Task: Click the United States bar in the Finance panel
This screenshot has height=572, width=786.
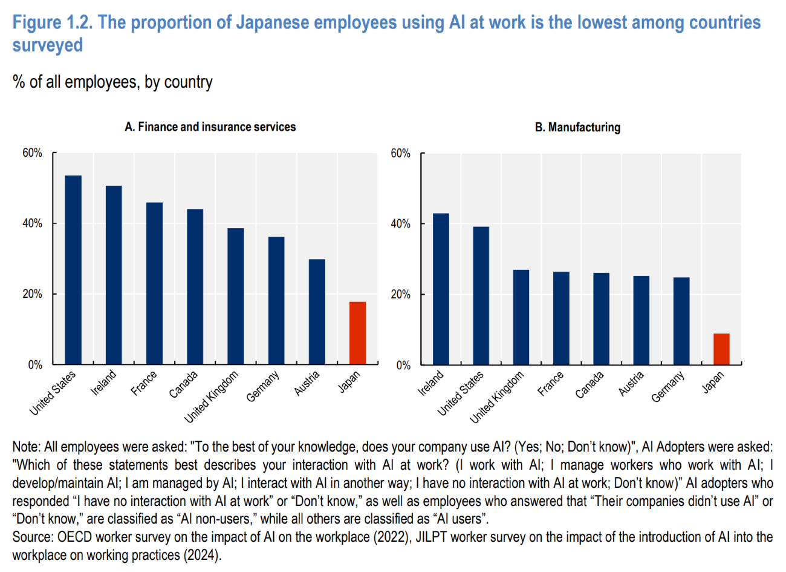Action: [x=73, y=270]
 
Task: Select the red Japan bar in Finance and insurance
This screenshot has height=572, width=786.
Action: [x=357, y=333]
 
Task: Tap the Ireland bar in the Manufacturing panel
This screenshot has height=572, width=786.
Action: [x=441, y=289]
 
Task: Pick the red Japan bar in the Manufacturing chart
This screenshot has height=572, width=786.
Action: [x=721, y=349]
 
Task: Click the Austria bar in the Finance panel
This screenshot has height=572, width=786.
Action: [x=317, y=312]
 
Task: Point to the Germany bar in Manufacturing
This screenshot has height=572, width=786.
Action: [x=681, y=321]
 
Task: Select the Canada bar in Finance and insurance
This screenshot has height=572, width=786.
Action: [x=195, y=287]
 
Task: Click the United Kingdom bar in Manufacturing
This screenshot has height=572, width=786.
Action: [x=521, y=317]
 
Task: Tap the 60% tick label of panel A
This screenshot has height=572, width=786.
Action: [x=32, y=153]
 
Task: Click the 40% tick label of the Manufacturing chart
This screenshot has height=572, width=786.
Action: [x=400, y=224]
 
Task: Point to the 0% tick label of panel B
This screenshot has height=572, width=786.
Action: [x=403, y=365]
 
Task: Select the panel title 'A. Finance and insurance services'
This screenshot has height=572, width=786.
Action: [x=210, y=127]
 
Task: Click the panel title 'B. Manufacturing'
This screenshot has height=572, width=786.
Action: [x=577, y=128]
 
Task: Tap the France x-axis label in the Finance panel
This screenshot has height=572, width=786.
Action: [x=144, y=384]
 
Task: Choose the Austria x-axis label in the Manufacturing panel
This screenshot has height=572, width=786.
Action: [x=631, y=384]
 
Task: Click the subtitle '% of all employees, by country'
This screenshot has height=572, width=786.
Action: [x=112, y=82]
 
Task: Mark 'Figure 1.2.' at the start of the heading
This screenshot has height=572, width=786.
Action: [x=52, y=23]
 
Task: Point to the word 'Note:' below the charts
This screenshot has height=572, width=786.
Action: [x=26, y=447]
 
